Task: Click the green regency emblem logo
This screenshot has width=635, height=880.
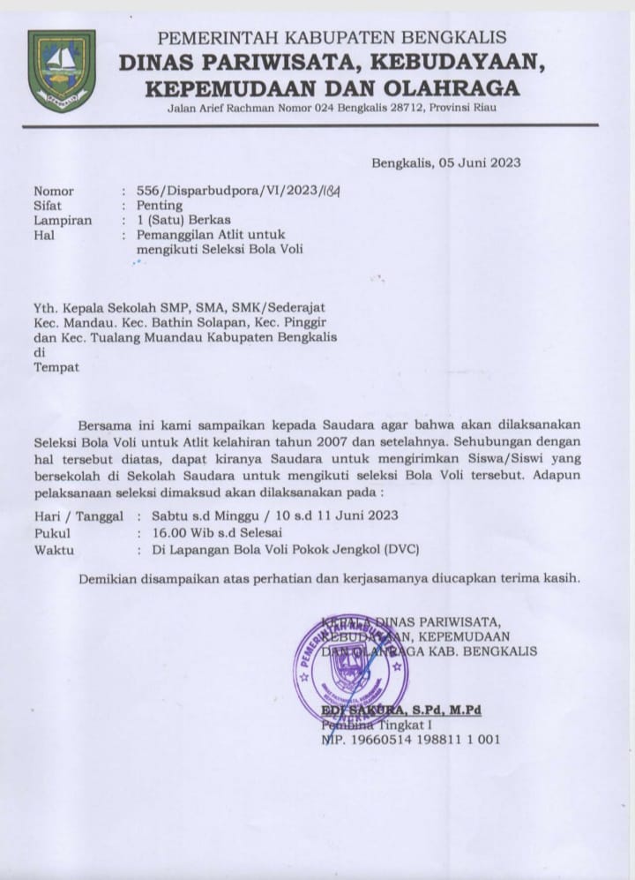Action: point(62,71)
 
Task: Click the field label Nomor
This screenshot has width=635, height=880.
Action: point(54,192)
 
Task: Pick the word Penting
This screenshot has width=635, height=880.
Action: point(160,206)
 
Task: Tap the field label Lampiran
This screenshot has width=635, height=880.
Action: point(63,220)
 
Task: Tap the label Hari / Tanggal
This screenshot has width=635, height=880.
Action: point(78,516)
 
